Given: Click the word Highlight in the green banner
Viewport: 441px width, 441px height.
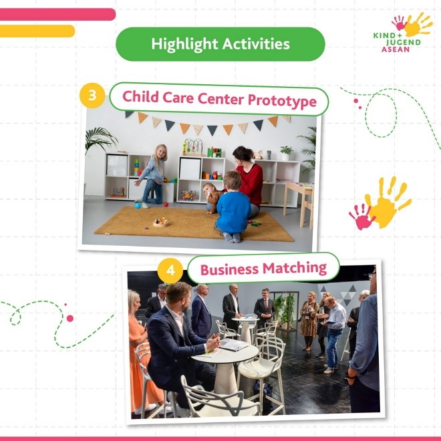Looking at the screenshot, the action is [x=184, y=45].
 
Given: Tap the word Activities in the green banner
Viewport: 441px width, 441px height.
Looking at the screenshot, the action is [x=256, y=43].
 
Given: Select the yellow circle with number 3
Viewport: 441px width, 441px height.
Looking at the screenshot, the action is [x=92, y=96].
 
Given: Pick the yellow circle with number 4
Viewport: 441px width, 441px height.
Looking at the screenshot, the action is [x=170, y=271].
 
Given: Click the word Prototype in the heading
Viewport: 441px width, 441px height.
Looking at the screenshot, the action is [x=282, y=101].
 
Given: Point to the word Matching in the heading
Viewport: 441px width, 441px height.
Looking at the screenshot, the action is [x=295, y=268].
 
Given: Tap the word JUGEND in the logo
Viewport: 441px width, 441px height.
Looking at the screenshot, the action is [x=403, y=43].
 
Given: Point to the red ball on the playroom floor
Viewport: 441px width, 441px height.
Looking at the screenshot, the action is [x=166, y=204].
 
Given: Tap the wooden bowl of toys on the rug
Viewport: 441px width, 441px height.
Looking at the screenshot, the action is [x=161, y=223].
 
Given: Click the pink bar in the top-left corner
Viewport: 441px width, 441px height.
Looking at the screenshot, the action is [x=57, y=14].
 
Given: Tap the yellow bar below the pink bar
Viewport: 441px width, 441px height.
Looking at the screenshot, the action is [x=37, y=31].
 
